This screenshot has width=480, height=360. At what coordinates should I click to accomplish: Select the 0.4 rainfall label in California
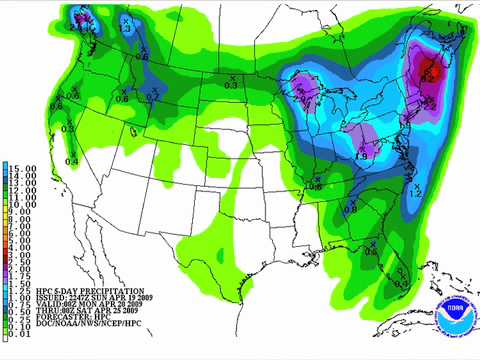coord(72,160)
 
